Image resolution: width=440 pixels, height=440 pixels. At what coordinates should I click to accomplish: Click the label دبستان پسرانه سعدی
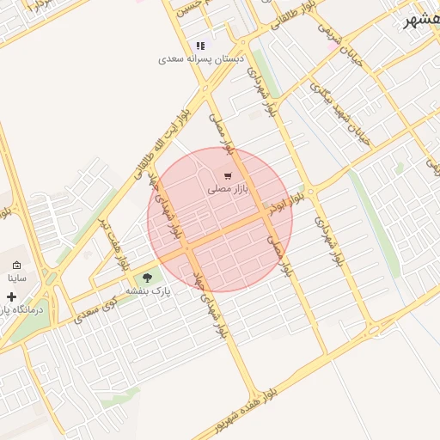click(201, 60)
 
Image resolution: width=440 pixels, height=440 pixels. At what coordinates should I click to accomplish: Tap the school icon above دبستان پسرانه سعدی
click(200, 46)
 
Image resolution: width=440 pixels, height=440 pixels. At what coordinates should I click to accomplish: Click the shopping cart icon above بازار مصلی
click(228, 176)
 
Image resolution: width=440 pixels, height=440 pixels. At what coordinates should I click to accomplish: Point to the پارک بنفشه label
click(150, 291)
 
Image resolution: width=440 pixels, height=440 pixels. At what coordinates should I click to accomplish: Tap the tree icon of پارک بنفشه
click(146, 277)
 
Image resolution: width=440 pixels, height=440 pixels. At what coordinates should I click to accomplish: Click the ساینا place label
click(18, 278)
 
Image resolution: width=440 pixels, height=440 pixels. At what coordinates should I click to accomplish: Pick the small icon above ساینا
click(16, 265)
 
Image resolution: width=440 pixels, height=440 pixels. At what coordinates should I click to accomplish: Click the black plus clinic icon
click(11, 296)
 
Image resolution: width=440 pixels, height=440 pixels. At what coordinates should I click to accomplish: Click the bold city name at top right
click(422, 21)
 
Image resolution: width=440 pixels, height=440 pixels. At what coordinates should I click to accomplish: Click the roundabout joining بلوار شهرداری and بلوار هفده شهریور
click(374, 329)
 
